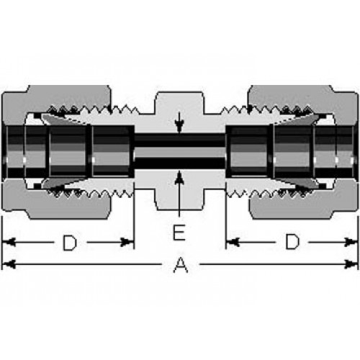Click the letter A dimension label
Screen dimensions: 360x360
coord(181,265)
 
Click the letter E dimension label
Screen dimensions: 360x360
coord(179,233)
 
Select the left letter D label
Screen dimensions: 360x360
coord(70,243)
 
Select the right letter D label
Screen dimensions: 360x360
coord(292,242)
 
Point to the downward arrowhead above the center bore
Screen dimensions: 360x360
coord(179,125)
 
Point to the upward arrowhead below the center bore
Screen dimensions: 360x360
coord(179,178)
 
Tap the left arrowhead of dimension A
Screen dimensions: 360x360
coord(9,264)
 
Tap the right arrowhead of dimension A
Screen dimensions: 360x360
coord(351,264)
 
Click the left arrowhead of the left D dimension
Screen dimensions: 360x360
coord(9,242)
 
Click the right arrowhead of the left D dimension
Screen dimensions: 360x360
coord(127,242)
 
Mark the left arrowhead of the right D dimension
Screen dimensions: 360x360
coord(233,242)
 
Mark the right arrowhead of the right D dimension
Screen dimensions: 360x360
coord(351,242)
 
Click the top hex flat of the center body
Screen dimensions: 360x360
coord(179,92)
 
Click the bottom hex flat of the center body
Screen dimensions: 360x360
coord(179,210)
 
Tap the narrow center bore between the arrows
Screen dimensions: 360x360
coord(179,151)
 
